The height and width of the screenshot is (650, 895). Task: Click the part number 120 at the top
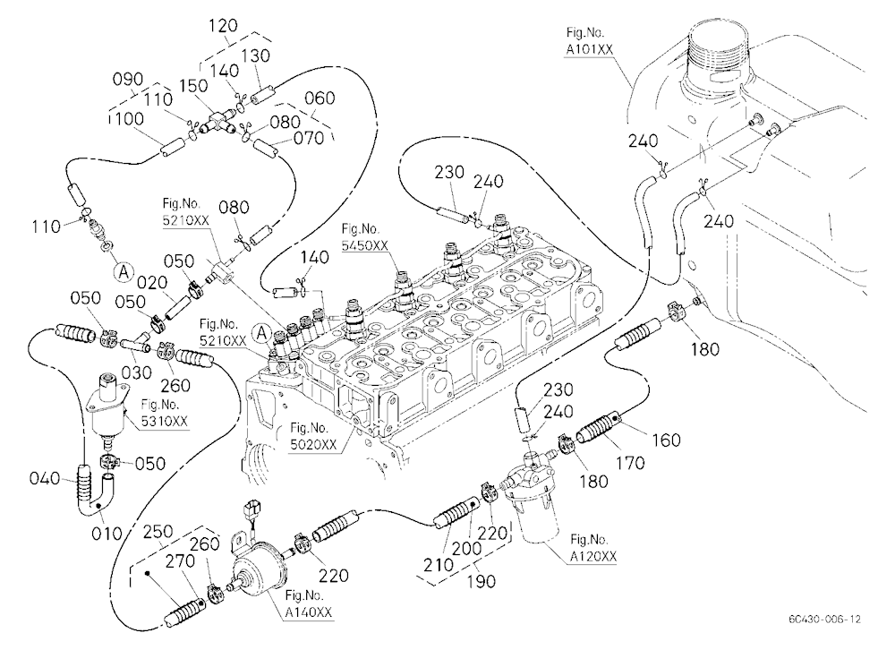pos(223,26)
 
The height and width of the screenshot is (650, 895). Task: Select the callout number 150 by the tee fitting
pos(193,85)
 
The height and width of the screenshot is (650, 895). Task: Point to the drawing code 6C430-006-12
pos(825,619)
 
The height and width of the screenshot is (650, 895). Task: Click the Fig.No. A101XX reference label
pos(589,41)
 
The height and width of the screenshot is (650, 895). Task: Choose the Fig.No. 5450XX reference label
pos(365,237)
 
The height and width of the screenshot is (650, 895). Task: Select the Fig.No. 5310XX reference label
pos(165,413)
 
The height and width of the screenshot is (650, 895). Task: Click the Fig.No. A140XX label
pos(309,604)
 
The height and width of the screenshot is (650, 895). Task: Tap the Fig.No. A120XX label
pos(593,548)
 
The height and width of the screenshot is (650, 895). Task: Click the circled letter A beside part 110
pos(124,272)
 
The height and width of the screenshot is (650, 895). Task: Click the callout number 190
pos(482,581)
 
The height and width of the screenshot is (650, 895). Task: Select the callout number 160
pos(666,440)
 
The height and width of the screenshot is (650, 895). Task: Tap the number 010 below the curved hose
pos(107,534)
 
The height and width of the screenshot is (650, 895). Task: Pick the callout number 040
pos(45,478)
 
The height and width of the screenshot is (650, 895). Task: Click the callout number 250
pos(157,533)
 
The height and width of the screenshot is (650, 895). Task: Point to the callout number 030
pos(138,373)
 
